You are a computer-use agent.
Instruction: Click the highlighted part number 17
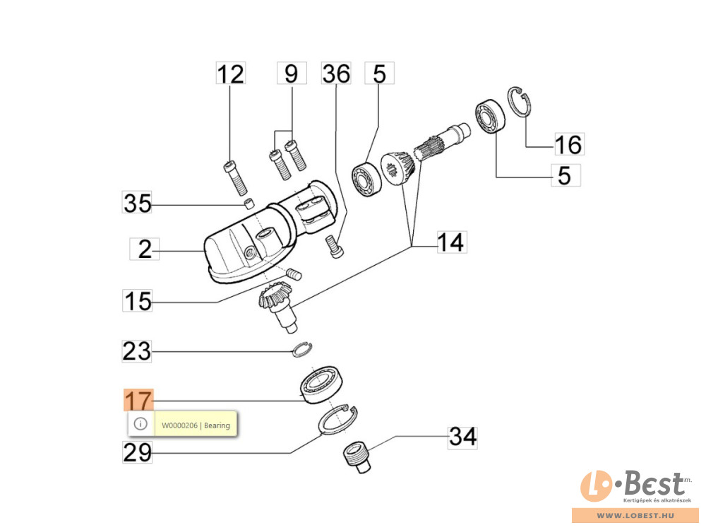coord(138,401)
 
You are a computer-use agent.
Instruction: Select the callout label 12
coord(230,73)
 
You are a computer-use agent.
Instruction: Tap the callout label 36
coord(336,73)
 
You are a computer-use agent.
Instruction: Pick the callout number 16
coord(568,144)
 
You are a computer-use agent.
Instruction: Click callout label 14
coord(450,242)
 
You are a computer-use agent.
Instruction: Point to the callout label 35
coord(138,204)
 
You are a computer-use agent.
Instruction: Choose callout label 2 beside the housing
coord(145,249)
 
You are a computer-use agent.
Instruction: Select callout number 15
coord(138,301)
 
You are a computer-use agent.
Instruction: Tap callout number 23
coord(138,351)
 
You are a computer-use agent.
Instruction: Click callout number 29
coord(138,452)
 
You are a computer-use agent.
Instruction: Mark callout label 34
coord(462,437)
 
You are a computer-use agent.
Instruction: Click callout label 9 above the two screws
coord(292,73)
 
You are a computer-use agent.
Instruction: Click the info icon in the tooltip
coord(140,424)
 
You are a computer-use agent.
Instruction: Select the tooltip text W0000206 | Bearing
coord(196,425)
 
